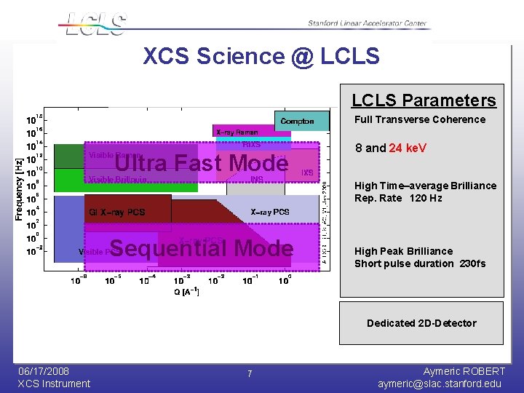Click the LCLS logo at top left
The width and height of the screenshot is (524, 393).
(95, 23)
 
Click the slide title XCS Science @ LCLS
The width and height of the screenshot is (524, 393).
(261, 56)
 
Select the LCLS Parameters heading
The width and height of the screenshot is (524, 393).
(424, 100)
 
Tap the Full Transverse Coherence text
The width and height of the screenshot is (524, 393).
(420, 119)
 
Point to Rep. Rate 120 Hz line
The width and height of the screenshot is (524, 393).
(398, 198)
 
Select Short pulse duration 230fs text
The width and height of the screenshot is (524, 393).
(420, 263)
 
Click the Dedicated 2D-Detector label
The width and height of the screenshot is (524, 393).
(421, 323)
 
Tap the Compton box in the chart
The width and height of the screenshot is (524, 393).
(297, 121)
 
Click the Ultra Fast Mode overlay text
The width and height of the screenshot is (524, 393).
(202, 163)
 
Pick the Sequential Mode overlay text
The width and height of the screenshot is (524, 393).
(201, 248)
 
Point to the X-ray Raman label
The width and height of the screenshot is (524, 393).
(237, 132)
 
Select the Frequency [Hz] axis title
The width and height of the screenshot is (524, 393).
(19, 180)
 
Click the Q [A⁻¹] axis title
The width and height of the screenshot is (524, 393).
(186, 291)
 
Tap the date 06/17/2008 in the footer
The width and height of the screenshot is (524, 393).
(44, 371)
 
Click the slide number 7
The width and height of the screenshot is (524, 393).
(250, 373)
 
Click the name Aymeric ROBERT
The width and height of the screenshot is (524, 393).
(464, 371)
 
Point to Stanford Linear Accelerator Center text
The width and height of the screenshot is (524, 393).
(367, 23)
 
